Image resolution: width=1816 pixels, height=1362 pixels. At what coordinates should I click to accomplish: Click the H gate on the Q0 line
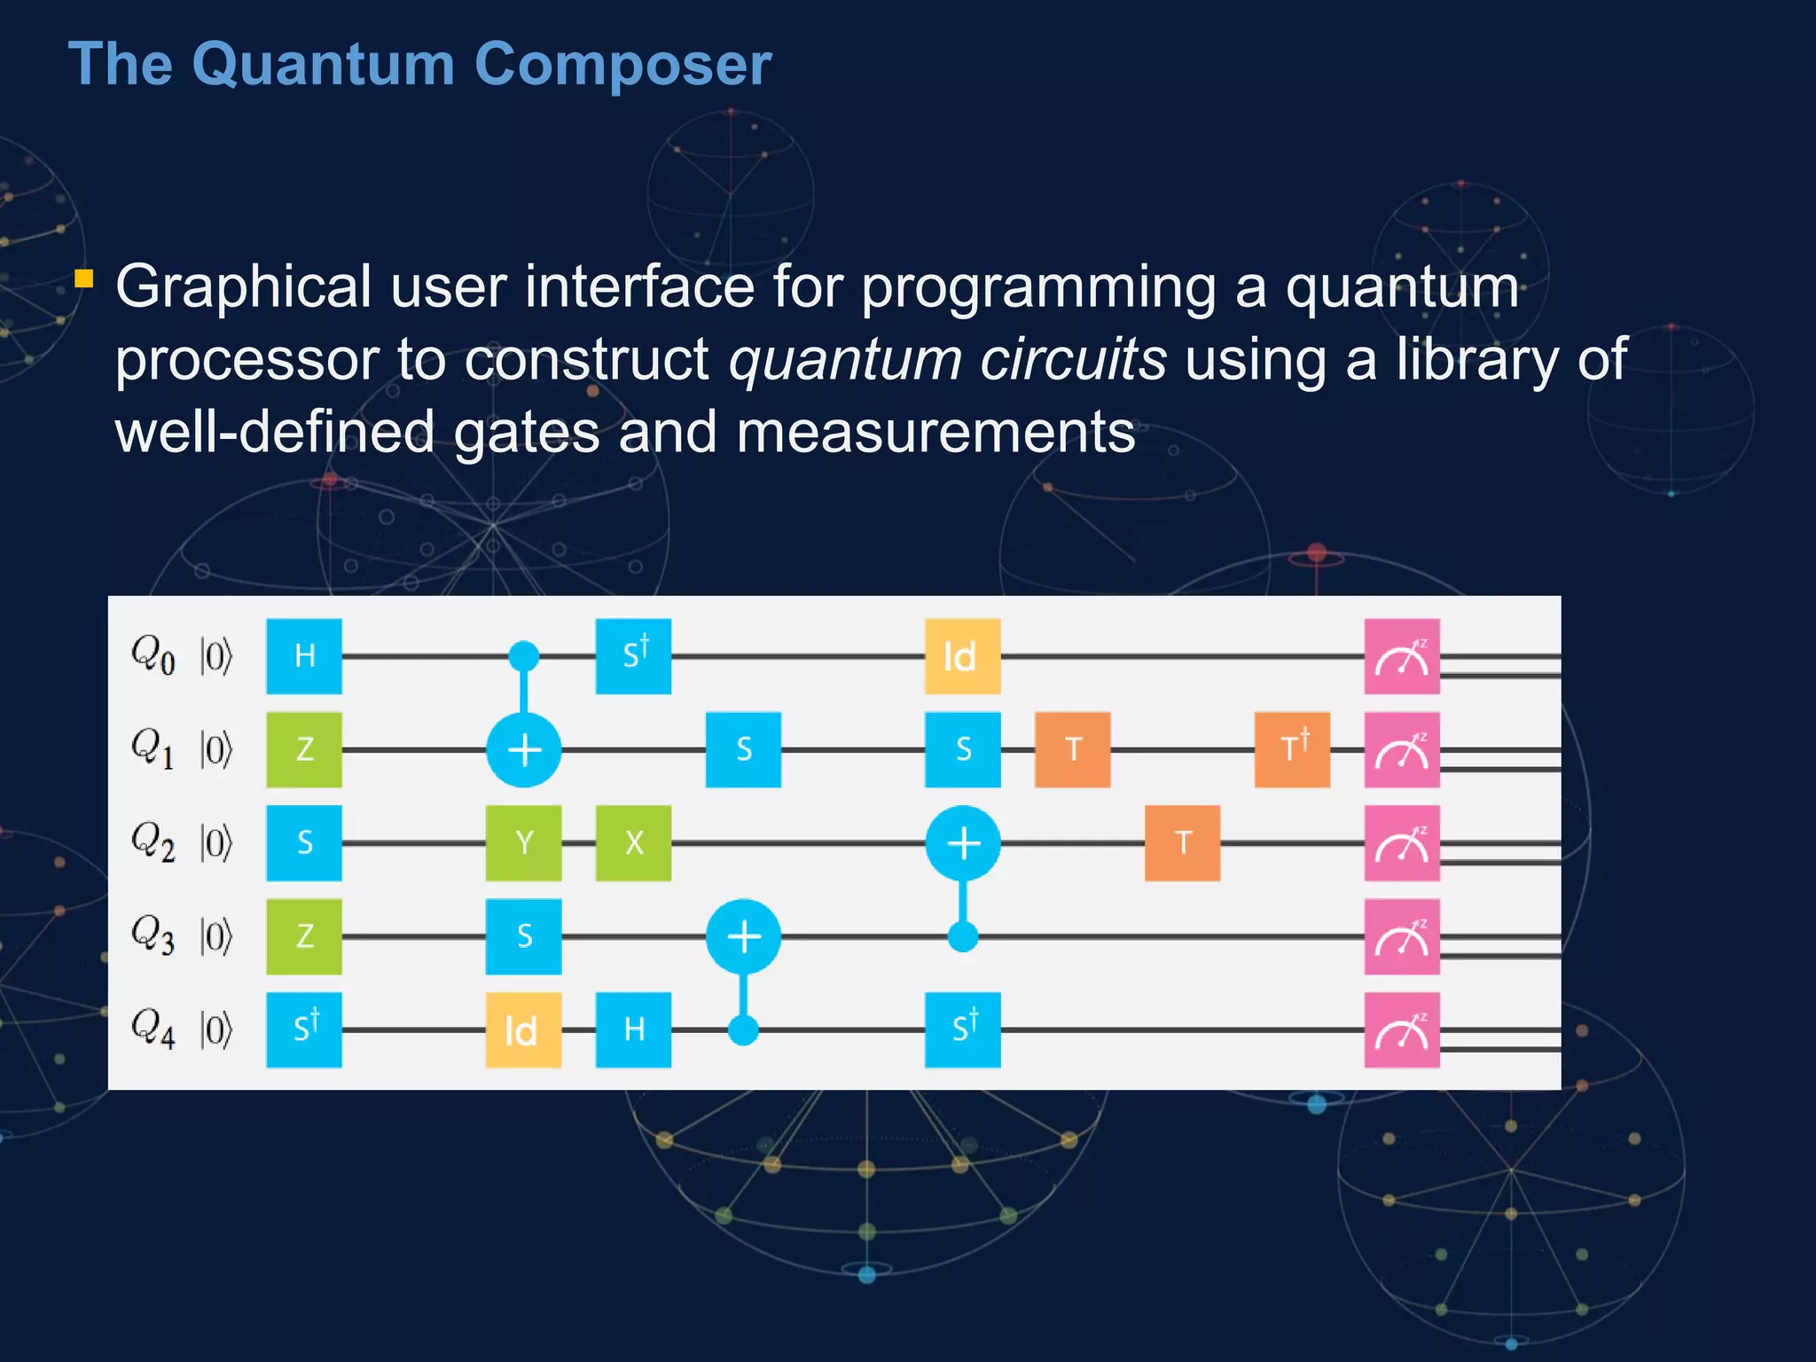(304, 656)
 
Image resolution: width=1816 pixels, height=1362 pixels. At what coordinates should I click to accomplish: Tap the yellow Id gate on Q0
(962, 656)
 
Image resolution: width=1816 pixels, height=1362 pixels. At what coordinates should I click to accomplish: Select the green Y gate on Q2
(523, 842)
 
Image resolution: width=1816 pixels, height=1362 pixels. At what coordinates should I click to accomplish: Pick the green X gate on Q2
(633, 842)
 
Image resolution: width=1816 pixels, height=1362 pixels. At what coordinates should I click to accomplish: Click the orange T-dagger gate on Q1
(1292, 749)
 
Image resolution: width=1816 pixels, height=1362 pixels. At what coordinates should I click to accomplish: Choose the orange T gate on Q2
(1182, 842)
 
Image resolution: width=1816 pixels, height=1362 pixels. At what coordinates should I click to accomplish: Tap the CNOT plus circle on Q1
(523, 749)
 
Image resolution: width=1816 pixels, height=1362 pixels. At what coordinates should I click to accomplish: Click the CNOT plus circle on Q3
(743, 936)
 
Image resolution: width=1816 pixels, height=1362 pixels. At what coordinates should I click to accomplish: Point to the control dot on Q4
(743, 1029)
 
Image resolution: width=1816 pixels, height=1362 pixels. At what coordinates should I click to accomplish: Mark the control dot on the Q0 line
(523, 656)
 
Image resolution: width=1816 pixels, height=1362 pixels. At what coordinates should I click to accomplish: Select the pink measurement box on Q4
(1401, 1029)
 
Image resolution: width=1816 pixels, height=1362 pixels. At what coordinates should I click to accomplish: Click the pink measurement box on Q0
(1401, 656)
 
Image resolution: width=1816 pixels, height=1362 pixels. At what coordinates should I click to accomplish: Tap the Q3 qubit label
(153, 935)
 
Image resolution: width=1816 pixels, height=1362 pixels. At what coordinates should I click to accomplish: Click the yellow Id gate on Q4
(523, 1029)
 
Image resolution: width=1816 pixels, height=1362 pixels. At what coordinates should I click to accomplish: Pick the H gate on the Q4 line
(633, 1029)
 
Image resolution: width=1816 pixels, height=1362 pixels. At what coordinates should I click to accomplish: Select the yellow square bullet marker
(84, 279)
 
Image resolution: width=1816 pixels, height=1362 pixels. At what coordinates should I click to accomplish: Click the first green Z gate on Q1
(304, 749)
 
